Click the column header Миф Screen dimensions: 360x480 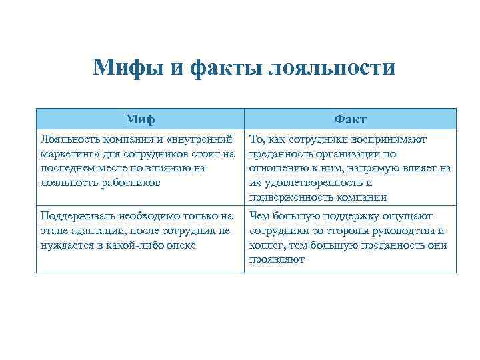(x=140, y=119)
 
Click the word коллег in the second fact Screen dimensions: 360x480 (x=265, y=245)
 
